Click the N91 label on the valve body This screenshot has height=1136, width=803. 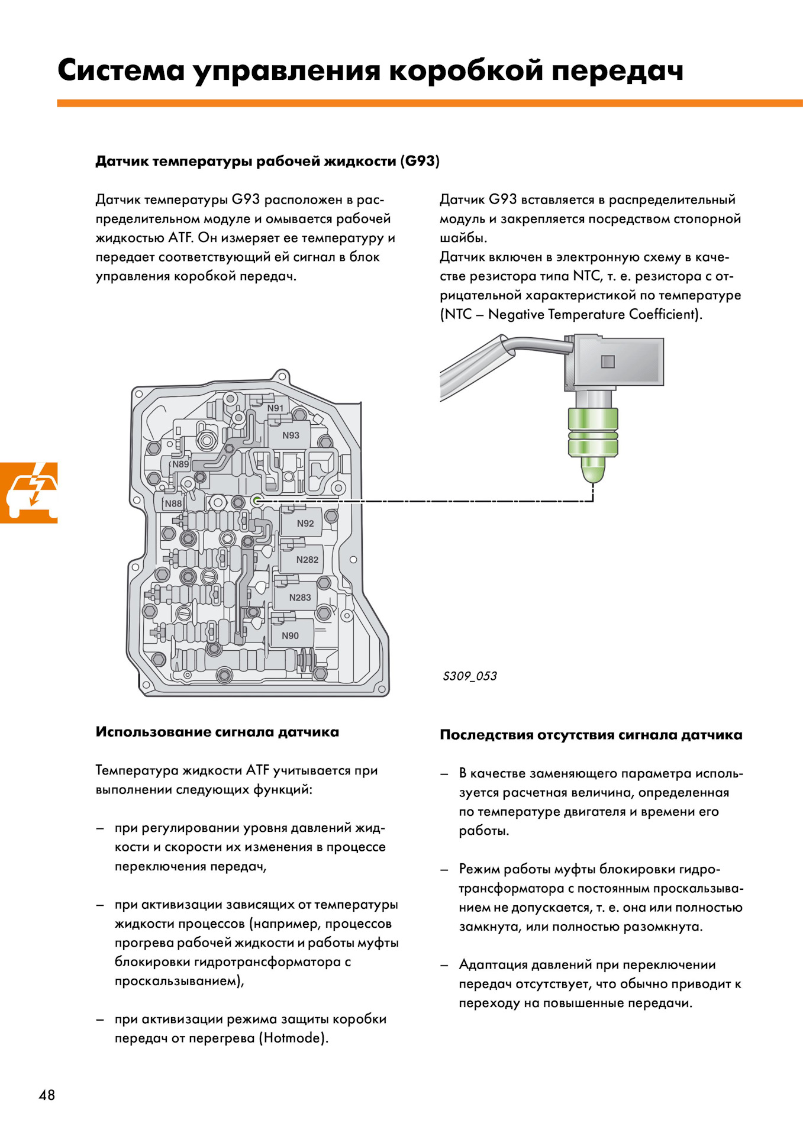pyautogui.click(x=275, y=408)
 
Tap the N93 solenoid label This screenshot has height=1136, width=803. pyautogui.click(x=291, y=435)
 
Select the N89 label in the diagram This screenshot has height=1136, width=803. pyautogui.click(x=180, y=464)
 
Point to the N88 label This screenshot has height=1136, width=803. pyautogui.click(x=173, y=504)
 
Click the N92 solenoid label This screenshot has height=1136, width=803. pyautogui.click(x=305, y=524)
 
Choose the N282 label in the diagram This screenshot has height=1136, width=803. pyautogui.click(x=307, y=560)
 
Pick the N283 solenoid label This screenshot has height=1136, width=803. pyautogui.click(x=300, y=598)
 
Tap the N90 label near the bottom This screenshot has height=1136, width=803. pyautogui.click(x=290, y=636)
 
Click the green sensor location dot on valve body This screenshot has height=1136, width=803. pyautogui.click(x=257, y=501)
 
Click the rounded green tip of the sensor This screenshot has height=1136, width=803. pyautogui.click(x=593, y=470)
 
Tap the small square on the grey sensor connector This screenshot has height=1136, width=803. pyautogui.click(x=608, y=362)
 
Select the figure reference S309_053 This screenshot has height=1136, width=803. pyautogui.click(x=470, y=676)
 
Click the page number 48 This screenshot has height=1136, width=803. pyautogui.click(x=47, y=1095)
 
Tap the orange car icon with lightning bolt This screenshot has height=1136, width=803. pyautogui.click(x=29, y=492)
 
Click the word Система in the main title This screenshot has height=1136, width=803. pyautogui.click(x=121, y=71)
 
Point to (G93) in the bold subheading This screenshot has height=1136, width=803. pyautogui.click(x=420, y=161)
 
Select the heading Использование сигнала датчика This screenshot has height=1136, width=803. pyautogui.click(x=217, y=732)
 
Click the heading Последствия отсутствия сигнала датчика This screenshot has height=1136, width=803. pyautogui.click(x=591, y=735)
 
